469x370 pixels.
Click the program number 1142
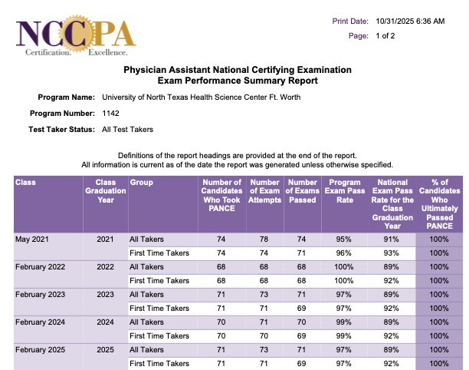110,114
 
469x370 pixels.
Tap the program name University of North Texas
201,97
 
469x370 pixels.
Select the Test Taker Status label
60,130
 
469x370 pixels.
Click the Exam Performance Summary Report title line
237,81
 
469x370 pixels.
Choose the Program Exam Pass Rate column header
344,192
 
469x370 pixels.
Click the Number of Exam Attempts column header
265,192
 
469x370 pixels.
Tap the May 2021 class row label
33,240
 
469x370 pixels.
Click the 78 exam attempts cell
265,240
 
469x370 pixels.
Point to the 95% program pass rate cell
344,240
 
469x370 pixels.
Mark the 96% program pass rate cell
344,253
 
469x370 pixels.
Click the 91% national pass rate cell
392,240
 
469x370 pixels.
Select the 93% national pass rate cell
392,253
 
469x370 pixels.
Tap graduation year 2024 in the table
105,322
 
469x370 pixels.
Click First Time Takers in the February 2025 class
159,363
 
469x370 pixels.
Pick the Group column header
142,183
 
